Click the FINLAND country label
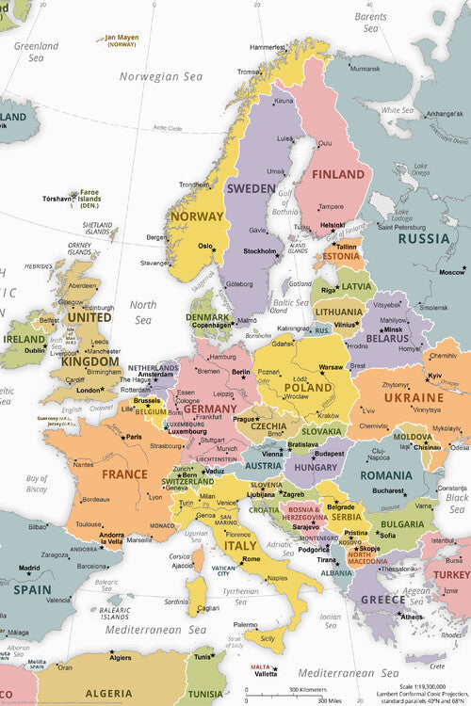pos(338,175)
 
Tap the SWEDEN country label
pos(251,187)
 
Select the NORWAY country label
pos(198,217)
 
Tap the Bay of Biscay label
pos(37,484)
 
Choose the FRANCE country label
pos(124,474)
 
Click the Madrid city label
pos(29,568)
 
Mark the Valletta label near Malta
pos(266,673)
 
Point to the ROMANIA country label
pos(386,476)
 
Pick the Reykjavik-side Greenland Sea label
pos(36,51)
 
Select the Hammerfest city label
pos(268,45)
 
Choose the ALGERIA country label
pos(109,693)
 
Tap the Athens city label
pos(413,617)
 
